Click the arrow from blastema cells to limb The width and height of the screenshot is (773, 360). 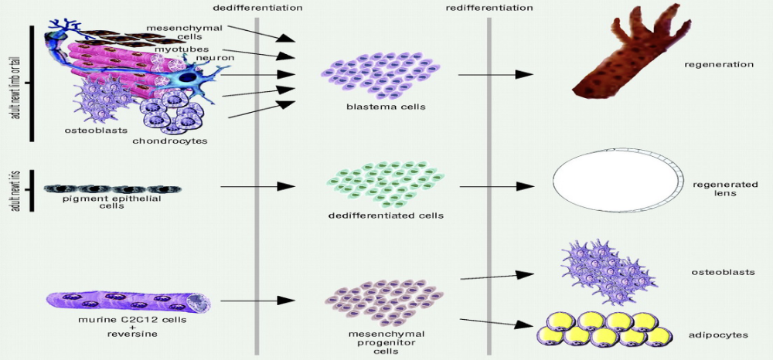495,74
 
